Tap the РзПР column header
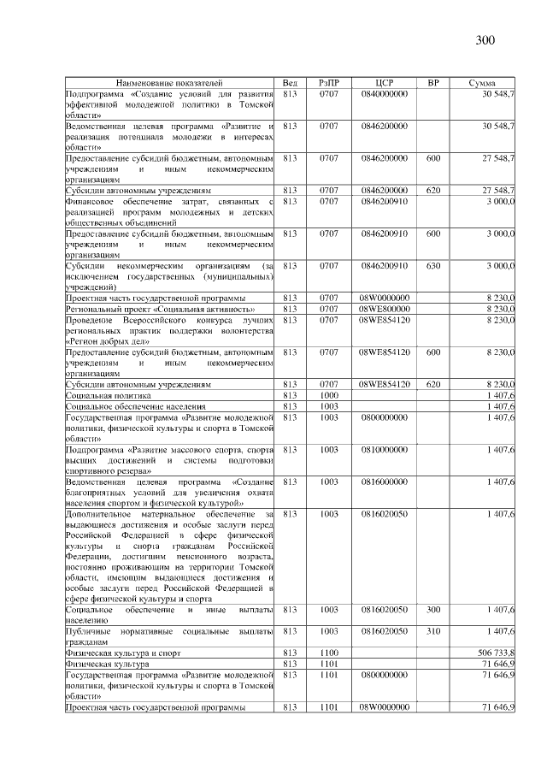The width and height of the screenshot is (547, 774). [x=329, y=82]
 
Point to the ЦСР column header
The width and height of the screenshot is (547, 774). [x=384, y=82]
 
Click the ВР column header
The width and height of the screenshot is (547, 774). [x=433, y=82]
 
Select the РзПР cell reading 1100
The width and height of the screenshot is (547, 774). [x=329, y=652]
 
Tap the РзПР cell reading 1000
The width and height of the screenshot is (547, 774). [x=329, y=396]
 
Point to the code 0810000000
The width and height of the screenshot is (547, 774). [x=384, y=448]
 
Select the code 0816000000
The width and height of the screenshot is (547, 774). [x=384, y=482]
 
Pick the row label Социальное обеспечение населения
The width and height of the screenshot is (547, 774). [x=123, y=406]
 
